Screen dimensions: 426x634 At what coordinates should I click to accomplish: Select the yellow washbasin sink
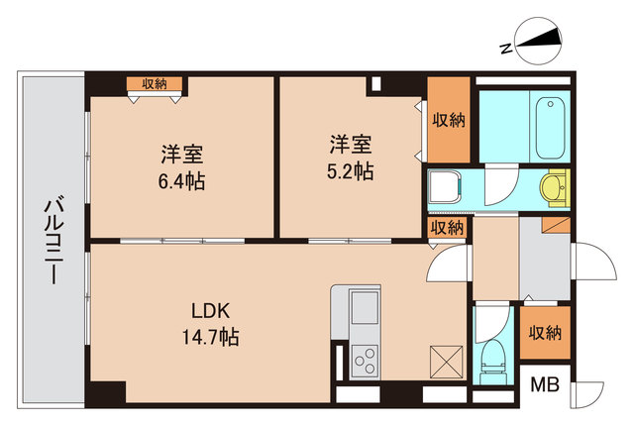click(552, 186)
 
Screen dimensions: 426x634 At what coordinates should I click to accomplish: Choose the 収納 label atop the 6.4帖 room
click(154, 84)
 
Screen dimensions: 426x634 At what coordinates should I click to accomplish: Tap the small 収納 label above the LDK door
click(448, 227)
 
